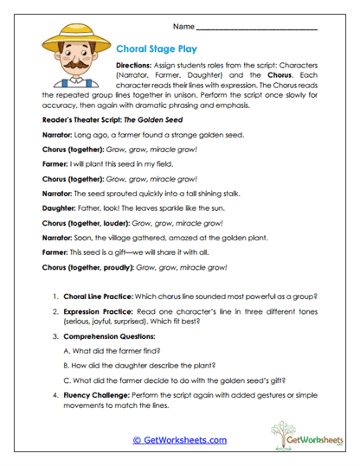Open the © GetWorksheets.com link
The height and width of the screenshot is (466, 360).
179,440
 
